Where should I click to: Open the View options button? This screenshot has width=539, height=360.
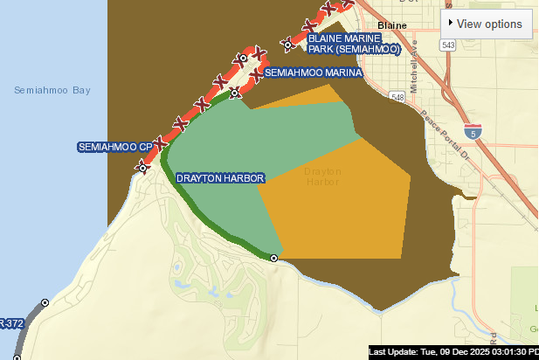pos(487,24)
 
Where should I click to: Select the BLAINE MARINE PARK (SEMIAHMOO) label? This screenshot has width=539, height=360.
pos(354,44)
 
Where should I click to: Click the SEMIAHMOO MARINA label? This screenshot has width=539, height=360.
pos(312,73)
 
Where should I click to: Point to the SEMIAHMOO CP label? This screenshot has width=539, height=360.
pos(114,146)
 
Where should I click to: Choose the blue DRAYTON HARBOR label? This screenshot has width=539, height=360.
pos(220,178)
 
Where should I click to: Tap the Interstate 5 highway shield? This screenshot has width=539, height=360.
pos(473,133)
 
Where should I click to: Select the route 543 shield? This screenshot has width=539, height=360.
pos(448,45)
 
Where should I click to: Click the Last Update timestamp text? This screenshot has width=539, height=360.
pos(453,351)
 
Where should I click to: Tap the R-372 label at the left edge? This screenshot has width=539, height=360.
pos(10,323)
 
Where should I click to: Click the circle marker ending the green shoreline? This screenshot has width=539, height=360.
pos(273,259)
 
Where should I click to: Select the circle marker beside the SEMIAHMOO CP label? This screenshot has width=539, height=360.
pos(142,165)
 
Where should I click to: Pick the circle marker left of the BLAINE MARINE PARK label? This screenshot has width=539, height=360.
pos(287,43)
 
